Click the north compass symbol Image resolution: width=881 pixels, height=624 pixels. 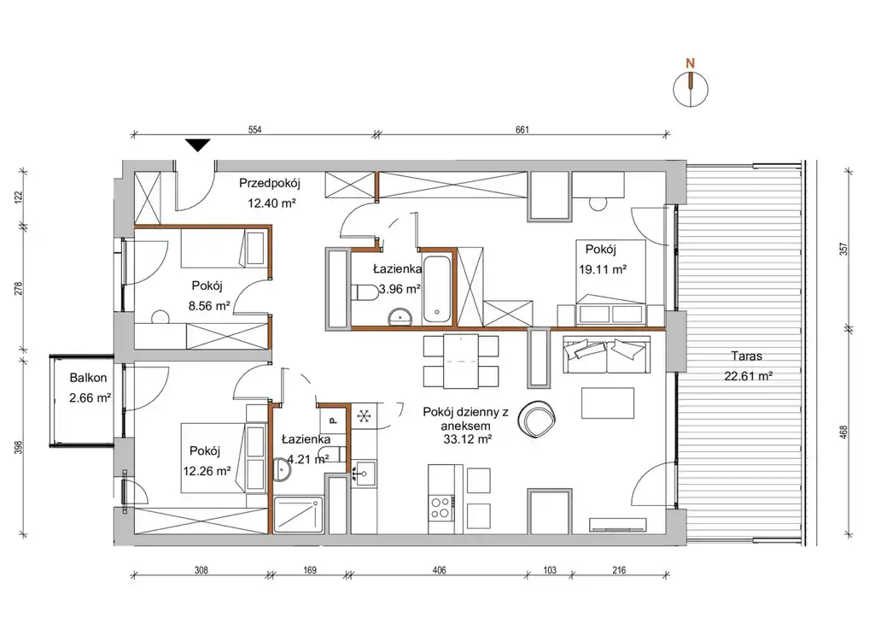click(691, 89)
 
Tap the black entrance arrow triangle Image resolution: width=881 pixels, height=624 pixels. click(198, 145)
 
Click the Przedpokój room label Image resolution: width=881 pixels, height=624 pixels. click(270, 183)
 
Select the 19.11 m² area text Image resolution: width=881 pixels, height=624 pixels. click(603, 269)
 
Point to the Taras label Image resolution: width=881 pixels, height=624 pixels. click(747, 356)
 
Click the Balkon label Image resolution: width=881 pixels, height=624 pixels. click(88, 378)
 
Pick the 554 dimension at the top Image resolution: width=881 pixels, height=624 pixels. click(254, 130)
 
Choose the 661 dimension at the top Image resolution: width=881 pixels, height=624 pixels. click(522, 130)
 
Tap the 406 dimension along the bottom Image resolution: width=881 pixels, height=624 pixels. click(440, 570)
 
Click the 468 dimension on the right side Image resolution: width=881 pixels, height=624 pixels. click(843, 433)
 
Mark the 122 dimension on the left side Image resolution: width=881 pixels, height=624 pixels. click(18, 197)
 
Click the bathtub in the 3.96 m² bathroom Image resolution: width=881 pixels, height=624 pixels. click(436, 289)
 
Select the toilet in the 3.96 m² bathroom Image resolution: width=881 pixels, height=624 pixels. click(365, 293)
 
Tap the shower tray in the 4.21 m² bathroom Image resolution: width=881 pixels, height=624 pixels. click(299, 515)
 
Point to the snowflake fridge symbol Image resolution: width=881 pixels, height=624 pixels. click(364, 416)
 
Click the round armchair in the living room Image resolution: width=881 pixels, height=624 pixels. click(537, 419)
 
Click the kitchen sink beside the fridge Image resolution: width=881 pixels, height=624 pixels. click(364, 474)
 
